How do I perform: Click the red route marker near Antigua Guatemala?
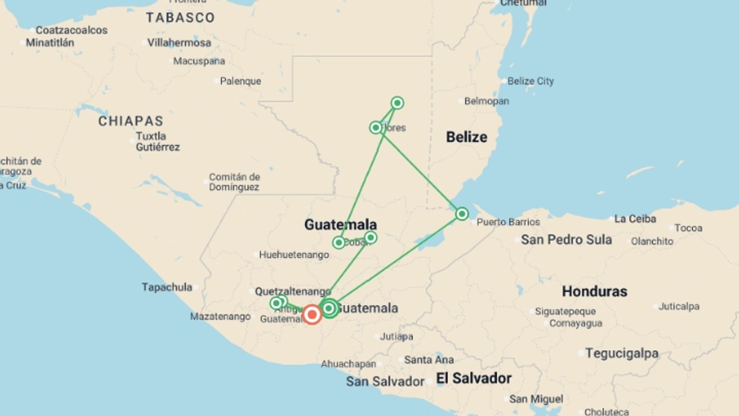(x=312, y=315)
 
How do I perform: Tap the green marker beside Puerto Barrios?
(x=462, y=214)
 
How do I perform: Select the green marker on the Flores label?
(x=376, y=127)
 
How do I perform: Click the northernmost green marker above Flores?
(x=397, y=103)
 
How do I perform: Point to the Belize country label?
(x=466, y=137)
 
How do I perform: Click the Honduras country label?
(x=594, y=291)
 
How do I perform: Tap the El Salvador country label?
(x=473, y=378)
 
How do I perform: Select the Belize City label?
(x=530, y=81)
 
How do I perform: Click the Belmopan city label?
(x=487, y=101)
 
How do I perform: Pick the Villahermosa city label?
(x=179, y=43)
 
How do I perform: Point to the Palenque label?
(x=240, y=81)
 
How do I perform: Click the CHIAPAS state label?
(x=131, y=121)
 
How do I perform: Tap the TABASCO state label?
(x=180, y=18)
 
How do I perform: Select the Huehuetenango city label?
(x=294, y=255)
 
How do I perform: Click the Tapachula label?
(x=167, y=287)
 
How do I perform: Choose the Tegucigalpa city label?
(x=622, y=353)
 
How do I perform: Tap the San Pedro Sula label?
(x=566, y=240)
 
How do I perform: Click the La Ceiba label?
(x=635, y=219)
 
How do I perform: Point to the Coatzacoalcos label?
(x=72, y=30)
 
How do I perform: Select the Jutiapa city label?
(x=396, y=337)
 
